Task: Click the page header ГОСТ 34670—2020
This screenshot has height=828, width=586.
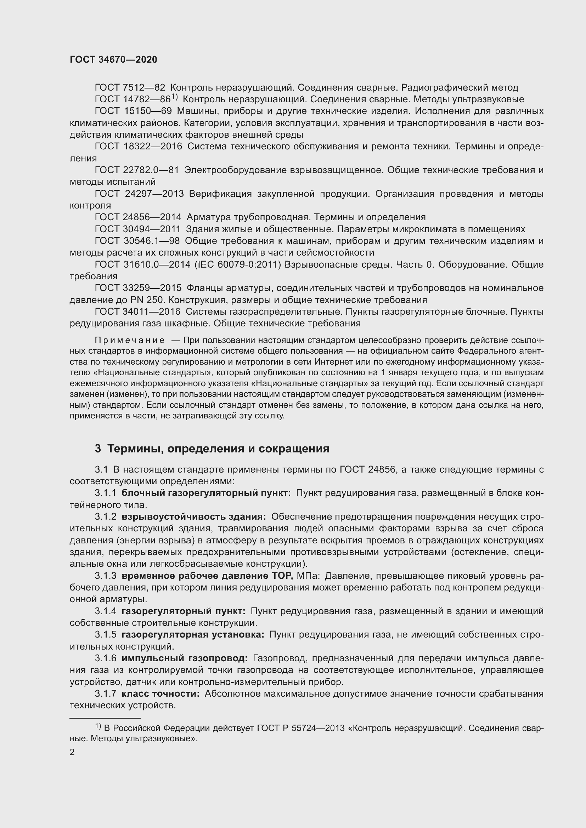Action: pos(113,60)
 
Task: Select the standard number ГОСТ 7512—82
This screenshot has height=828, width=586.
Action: pos(130,88)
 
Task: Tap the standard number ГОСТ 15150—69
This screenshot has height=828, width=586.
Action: pos(133,111)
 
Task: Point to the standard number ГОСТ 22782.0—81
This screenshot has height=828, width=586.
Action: pos(137,170)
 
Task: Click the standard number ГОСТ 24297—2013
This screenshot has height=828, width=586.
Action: pos(139,194)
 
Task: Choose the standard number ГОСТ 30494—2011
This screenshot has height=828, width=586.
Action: pos(137,229)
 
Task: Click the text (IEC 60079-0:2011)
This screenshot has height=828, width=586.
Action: pos(237,264)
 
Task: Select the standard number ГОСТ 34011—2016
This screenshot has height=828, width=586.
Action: pos(137,312)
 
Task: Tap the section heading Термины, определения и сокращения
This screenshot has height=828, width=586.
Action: pos(218,449)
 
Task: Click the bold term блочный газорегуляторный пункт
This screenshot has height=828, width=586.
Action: pos(206,493)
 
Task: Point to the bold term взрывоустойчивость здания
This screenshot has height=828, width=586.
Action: pos(194,517)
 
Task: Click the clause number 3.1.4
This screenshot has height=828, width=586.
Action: pos(105,611)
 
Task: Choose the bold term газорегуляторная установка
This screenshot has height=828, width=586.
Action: pos(193,635)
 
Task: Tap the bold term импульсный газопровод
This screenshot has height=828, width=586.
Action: pos(184,658)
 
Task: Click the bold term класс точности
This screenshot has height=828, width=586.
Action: pos(160,694)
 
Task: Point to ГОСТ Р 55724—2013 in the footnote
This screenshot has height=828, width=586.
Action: pos(291,728)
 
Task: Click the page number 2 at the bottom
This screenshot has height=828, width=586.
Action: pos(72,752)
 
